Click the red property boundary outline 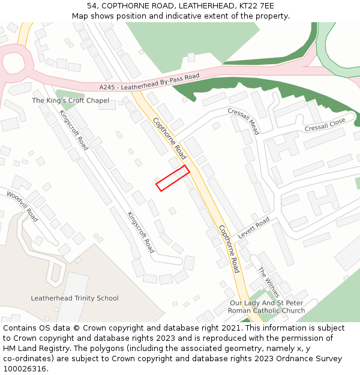click(173, 178)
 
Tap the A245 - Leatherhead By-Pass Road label click(149, 82)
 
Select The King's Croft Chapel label click(70, 101)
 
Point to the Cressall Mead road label click(243, 121)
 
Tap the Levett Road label click(254, 228)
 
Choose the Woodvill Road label click(22, 206)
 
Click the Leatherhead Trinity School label click(74, 298)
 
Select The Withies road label click(268, 282)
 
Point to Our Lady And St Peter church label click(267, 307)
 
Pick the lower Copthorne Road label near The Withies click(228, 248)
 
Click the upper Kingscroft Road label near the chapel click(74, 130)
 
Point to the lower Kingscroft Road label click(140, 232)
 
